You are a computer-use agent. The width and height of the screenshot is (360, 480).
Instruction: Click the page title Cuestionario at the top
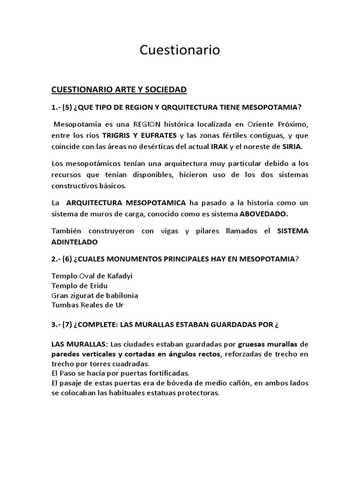click(x=180, y=51)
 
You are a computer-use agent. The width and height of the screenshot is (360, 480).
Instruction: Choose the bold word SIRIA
click(x=292, y=147)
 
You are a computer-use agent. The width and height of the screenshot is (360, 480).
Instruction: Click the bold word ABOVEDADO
click(x=264, y=214)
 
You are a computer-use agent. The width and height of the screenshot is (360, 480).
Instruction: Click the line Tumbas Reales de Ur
click(x=88, y=305)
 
